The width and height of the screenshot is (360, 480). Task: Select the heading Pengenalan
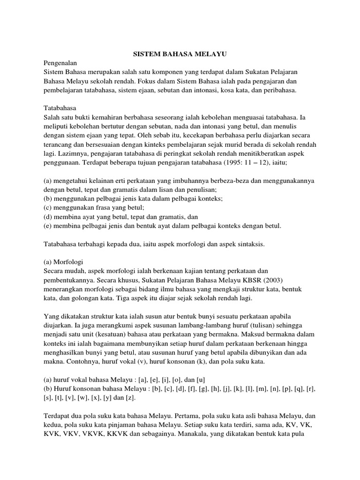coord(60,62)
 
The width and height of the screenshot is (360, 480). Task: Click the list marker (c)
coord(48,207)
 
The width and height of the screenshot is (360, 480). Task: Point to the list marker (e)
coord(48,226)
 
